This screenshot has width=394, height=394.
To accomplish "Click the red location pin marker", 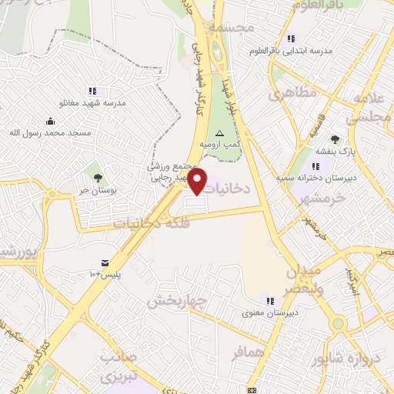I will pyautogui.click(x=198, y=182).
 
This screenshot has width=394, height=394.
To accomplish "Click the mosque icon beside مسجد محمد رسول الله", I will pyautogui.click(x=50, y=121).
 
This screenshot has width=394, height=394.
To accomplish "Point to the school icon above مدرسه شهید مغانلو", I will pyautogui.click(x=92, y=91).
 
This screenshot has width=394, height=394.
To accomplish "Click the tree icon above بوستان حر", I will pyautogui.click(x=97, y=179).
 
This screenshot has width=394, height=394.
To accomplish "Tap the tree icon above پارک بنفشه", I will pyautogui.click(x=335, y=139).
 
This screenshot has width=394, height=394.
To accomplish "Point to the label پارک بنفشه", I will pyautogui.click(x=335, y=150).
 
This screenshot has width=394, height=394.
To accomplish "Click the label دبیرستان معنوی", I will pyautogui.click(x=269, y=312).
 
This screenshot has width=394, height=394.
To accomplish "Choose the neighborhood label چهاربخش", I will pyautogui.click(x=178, y=300).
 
